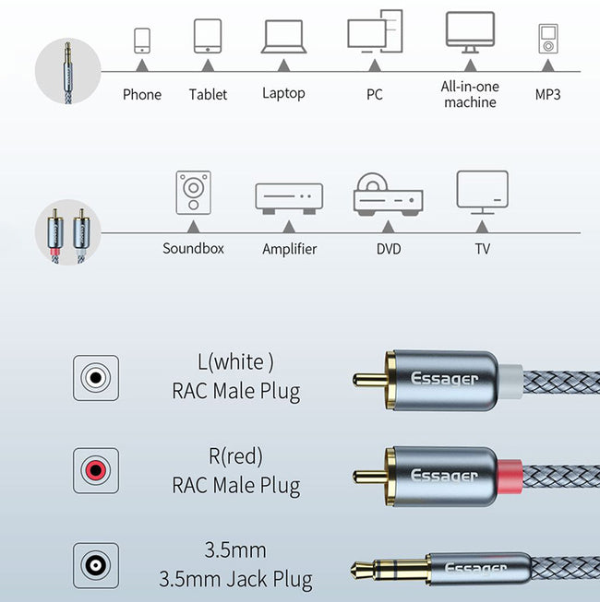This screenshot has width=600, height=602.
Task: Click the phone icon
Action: pos(142,41)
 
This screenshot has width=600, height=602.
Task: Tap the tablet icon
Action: pos(208,36)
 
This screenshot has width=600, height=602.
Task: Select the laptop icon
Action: pos(283,37)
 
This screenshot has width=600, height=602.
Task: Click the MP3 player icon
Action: pos(548,39)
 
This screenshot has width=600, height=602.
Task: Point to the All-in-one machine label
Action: pos(470,94)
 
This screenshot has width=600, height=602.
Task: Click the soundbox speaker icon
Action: pos(193,193)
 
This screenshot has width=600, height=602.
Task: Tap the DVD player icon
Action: pos(389,195)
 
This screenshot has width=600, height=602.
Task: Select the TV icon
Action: pos(483,193)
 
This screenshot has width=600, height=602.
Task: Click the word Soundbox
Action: pos(193,248)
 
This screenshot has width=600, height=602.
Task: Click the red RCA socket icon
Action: pos(96,470)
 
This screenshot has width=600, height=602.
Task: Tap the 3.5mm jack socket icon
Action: pos(96,565)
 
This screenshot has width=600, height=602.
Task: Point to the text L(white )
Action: pos(235,362)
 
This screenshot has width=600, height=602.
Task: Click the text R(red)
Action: pos(235,456)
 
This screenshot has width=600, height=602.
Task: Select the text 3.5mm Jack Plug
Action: pos(235,579)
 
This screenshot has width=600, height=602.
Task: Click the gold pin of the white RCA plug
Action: pos(370,380)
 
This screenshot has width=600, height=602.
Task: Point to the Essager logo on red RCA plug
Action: pos(445,476)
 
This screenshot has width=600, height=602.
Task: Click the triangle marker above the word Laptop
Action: pos(283,65)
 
